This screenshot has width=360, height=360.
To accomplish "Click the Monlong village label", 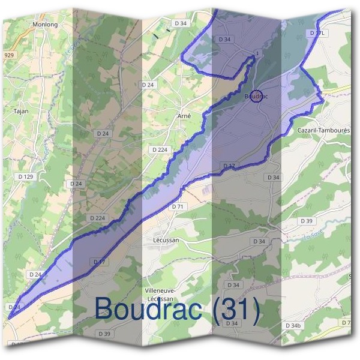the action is coord(44,25).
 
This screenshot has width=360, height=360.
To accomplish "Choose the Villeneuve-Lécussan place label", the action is coord(159,294).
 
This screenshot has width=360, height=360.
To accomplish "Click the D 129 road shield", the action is coord(26,176).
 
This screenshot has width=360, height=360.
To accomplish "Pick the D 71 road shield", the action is coord(176,206).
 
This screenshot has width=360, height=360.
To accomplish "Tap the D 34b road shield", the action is coord(293,326).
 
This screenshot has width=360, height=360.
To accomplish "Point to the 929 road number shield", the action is coord(8,55).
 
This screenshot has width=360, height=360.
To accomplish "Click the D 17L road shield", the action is coord(317,32).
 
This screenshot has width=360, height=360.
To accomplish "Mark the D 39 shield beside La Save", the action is coord(307,221).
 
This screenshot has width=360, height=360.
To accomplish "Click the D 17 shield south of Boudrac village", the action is coord(229,166).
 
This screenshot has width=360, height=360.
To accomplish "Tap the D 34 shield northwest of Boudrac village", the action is coord(225,40).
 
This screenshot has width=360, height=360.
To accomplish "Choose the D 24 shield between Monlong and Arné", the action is coord(148,85).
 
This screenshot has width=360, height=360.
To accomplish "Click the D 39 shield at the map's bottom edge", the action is coord(104,334).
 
